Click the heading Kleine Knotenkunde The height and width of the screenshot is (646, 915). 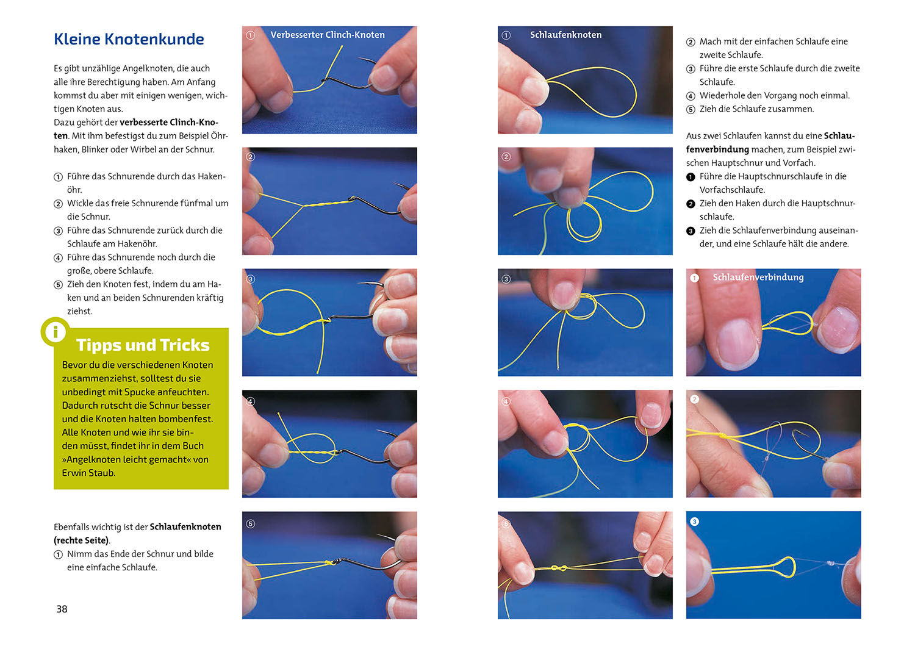(x=129, y=39)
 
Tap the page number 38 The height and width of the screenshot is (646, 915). (x=62, y=609)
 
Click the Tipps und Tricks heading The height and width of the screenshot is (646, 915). (x=143, y=345)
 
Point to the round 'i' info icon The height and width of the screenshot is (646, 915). (x=56, y=332)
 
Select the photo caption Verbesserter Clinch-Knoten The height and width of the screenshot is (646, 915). (x=328, y=35)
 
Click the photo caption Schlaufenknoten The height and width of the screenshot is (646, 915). (x=565, y=35)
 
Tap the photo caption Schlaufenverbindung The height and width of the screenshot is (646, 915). (x=758, y=278)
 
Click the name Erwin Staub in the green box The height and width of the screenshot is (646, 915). (x=88, y=473)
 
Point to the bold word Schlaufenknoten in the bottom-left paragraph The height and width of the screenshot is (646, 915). (x=185, y=526)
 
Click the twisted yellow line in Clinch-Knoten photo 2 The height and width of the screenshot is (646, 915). (x=327, y=203)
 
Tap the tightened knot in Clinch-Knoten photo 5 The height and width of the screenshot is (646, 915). (x=329, y=563)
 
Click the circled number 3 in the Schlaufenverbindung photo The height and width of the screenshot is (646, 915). (x=694, y=522)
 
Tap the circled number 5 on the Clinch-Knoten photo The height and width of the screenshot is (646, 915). (x=251, y=524)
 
